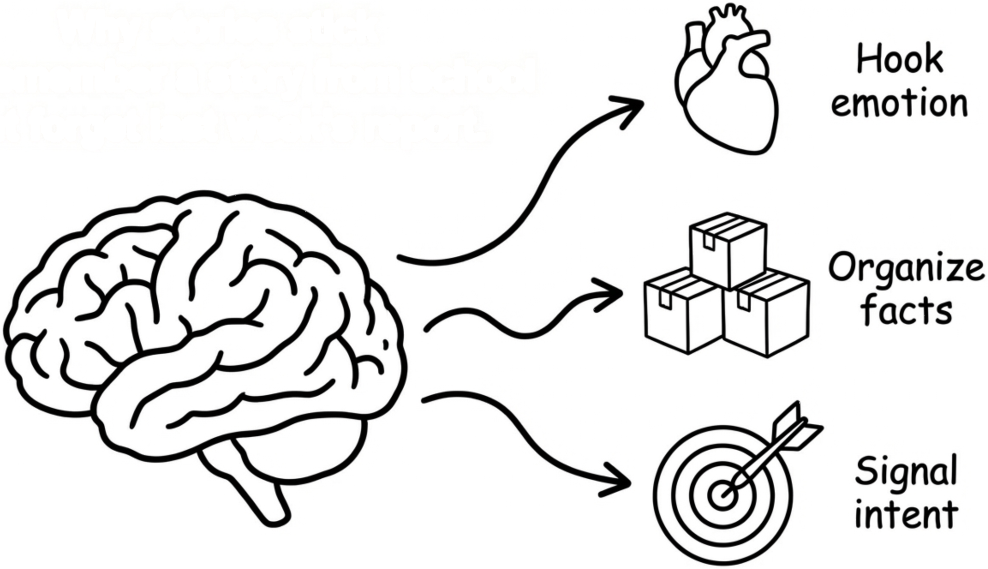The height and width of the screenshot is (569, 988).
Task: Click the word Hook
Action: (x=900, y=60)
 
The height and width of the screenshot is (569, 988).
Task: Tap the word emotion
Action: (x=899, y=103)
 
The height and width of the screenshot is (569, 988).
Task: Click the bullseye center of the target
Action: (x=722, y=495)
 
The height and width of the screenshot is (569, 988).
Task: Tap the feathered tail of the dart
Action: (x=796, y=427)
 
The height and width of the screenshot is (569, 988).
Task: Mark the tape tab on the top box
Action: (x=709, y=242)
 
